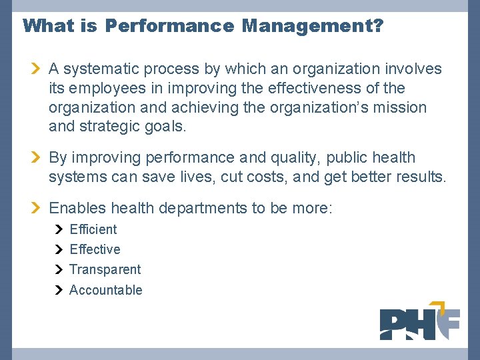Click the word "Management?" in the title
pyautogui.click(x=313, y=26)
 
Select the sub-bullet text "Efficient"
pyautogui.click(x=93, y=229)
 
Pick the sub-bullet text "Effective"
pyautogui.click(x=95, y=249)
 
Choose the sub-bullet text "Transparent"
pyautogui.click(x=105, y=270)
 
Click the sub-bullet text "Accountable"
pyautogui.click(x=105, y=290)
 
